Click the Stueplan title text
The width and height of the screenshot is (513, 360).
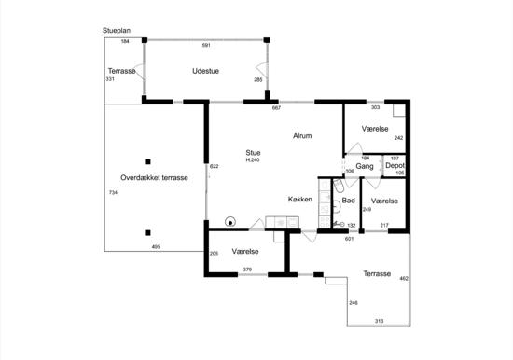coord(117,31)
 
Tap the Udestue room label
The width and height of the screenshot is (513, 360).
coord(205,71)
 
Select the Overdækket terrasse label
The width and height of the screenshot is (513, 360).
coord(154,178)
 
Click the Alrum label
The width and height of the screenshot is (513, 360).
coord(302,136)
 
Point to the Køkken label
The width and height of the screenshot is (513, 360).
coord(300,199)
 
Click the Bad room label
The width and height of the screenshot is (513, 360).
coord(348,201)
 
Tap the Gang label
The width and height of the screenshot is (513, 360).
coord(365,166)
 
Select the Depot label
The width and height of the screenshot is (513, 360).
coord(395,166)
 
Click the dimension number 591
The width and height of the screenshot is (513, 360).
coord(206,45)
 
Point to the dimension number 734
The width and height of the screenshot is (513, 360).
coord(113,193)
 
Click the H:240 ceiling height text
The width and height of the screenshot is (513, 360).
coord(253,160)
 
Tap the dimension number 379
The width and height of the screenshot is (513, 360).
coord(247,270)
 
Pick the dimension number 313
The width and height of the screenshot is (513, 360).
coord(379,321)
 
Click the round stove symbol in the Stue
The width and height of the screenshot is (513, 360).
coord(230,222)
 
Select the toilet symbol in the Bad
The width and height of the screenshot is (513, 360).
coord(339,187)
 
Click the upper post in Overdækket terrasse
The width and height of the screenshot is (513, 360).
coord(148,161)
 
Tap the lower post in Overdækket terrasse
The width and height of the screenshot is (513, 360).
coord(148,233)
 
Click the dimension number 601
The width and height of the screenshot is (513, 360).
coord(350,239)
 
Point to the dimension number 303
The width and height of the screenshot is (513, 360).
coord(376,107)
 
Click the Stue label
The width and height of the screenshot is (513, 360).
coord(253,153)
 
